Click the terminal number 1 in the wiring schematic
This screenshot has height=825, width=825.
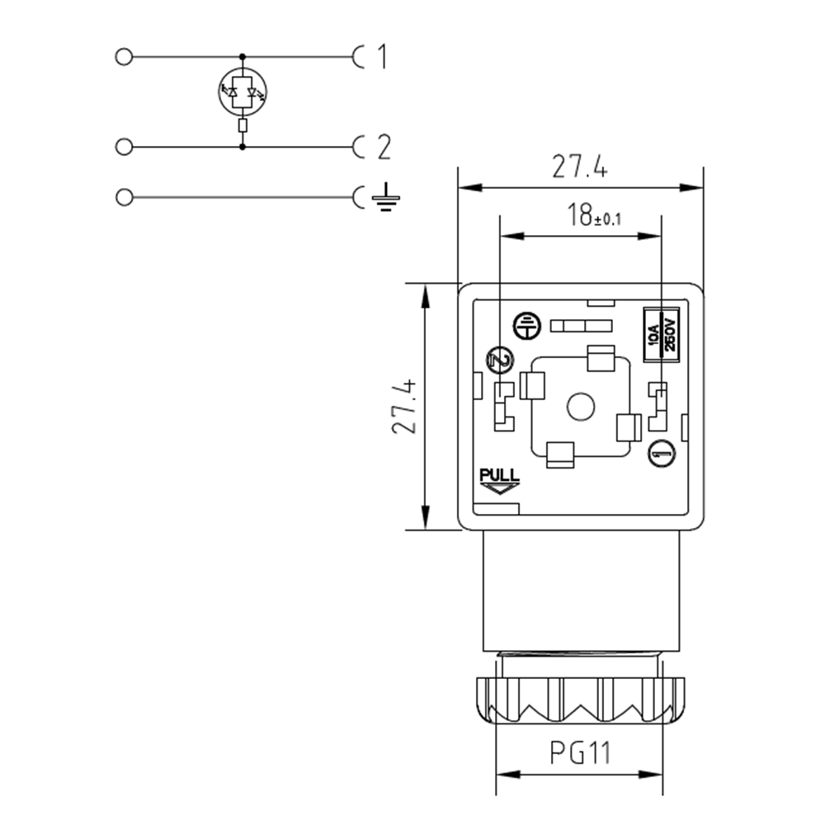coord(381,57)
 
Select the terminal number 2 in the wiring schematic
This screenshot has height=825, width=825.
coord(383,148)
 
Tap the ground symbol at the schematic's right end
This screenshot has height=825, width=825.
coord(385,198)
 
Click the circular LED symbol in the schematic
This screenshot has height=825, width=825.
coord(242,92)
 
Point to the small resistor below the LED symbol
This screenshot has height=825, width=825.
coord(242,125)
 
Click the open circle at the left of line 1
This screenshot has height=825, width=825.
coord(125,57)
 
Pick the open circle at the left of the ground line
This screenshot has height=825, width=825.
coord(125,198)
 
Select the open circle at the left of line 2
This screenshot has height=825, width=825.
coord(125,148)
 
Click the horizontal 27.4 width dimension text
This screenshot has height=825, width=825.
coord(580,167)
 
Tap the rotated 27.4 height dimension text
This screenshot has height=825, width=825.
coord(403,408)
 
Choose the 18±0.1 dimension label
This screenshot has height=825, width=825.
coord(593,217)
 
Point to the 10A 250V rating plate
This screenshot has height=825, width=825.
coord(661,332)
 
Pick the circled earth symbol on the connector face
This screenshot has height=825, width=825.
coord(525,326)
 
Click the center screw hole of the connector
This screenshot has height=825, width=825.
coord(582,407)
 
